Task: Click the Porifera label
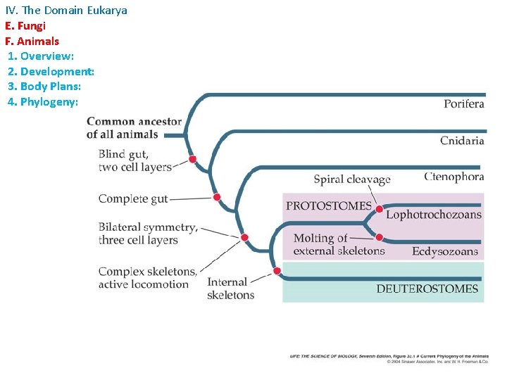(x=463, y=104)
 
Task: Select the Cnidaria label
(x=462, y=141)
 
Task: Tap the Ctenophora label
(x=454, y=177)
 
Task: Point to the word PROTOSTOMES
(x=328, y=206)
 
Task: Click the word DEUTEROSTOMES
(x=427, y=289)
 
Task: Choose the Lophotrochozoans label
(x=433, y=215)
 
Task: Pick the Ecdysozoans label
(x=445, y=251)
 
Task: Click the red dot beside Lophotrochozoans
(x=380, y=210)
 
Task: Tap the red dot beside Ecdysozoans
(x=380, y=237)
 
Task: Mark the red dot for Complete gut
(x=217, y=197)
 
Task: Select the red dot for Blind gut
(x=192, y=160)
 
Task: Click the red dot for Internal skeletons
(x=277, y=271)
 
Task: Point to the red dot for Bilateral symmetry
(x=244, y=237)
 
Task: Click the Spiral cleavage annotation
(x=351, y=179)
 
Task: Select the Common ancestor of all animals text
(x=134, y=127)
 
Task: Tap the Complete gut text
(x=133, y=199)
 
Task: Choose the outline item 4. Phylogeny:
(x=42, y=102)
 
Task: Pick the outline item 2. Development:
(x=51, y=71)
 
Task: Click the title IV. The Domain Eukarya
(x=66, y=11)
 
